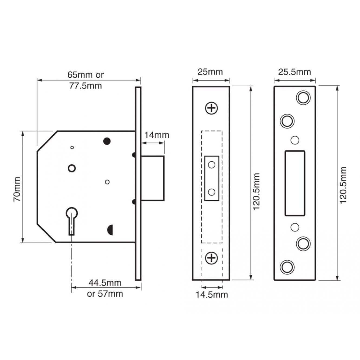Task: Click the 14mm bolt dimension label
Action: tap(156, 135)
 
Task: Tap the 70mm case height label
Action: tap(17, 189)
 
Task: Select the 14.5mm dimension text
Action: tap(212, 294)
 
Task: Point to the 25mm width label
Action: tap(210, 72)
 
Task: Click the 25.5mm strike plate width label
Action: tap(294, 72)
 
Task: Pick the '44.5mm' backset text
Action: tap(105, 283)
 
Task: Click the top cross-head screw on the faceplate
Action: tap(212, 108)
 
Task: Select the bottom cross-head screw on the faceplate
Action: tap(212, 258)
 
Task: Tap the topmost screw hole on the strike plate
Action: tap(303, 97)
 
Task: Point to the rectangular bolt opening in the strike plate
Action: tap(295, 183)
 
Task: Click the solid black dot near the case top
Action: tap(107, 141)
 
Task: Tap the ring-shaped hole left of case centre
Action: tap(72, 168)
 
